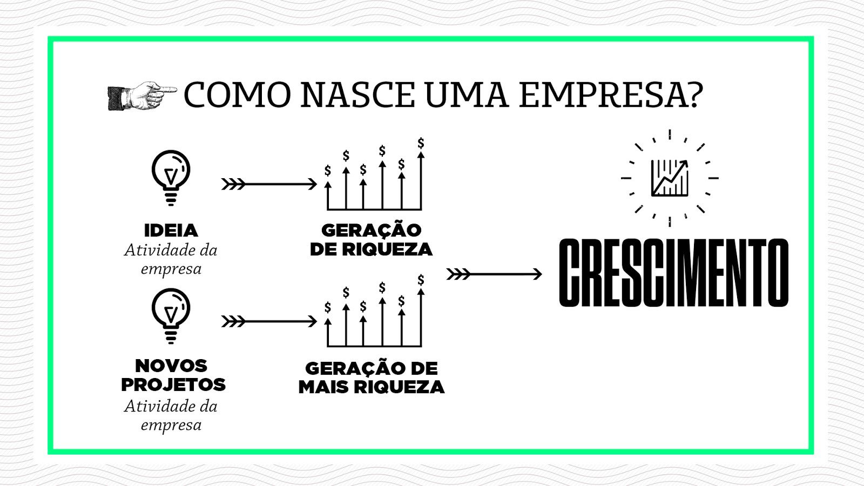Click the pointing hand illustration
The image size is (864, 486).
point(142,96)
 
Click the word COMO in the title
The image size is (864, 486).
point(237,94)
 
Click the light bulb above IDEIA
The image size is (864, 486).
point(171,178)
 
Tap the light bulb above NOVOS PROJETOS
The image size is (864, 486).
point(171,316)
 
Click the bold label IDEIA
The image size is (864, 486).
point(171,231)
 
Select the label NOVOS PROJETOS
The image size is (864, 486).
point(173,375)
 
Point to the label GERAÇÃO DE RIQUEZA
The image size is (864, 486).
point(371,240)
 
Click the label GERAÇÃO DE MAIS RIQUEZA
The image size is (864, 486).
point(372,377)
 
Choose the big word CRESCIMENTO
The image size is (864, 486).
point(673,273)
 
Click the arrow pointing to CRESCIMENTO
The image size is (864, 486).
point(494,274)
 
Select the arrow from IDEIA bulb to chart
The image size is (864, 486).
point(269,184)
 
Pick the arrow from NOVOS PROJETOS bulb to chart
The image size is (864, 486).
point(269,321)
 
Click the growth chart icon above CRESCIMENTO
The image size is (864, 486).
point(670,178)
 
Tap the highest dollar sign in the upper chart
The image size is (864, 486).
point(421,143)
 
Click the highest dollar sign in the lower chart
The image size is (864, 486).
point(421,280)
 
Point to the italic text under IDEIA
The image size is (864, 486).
point(171,259)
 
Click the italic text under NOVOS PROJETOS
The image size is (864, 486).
point(171,415)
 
